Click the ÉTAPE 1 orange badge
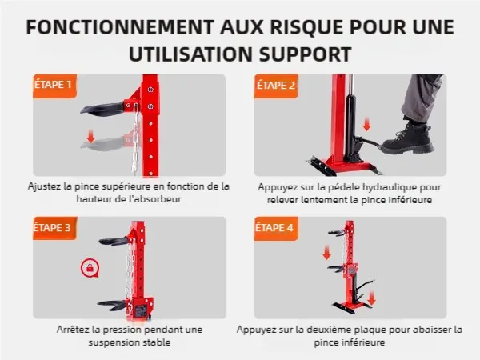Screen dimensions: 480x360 click(54, 86)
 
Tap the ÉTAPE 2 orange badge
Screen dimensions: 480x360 click(276, 86)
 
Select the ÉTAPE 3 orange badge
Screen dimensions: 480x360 click(54, 228)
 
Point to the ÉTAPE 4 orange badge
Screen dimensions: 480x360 click(276, 228)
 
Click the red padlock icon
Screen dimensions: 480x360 click(90, 268)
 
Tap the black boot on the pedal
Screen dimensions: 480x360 click(408, 138)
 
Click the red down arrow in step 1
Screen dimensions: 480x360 click(90, 136)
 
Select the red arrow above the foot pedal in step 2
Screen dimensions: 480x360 click(366, 125)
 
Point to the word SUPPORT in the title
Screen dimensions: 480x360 click(305, 54)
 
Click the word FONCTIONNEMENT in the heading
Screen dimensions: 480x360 click(120, 27)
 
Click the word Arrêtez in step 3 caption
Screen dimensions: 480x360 click(74, 330)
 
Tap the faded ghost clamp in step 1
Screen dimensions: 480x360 click(103, 143)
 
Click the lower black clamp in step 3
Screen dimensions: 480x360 click(112, 305)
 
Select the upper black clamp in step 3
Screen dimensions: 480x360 click(114, 241)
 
